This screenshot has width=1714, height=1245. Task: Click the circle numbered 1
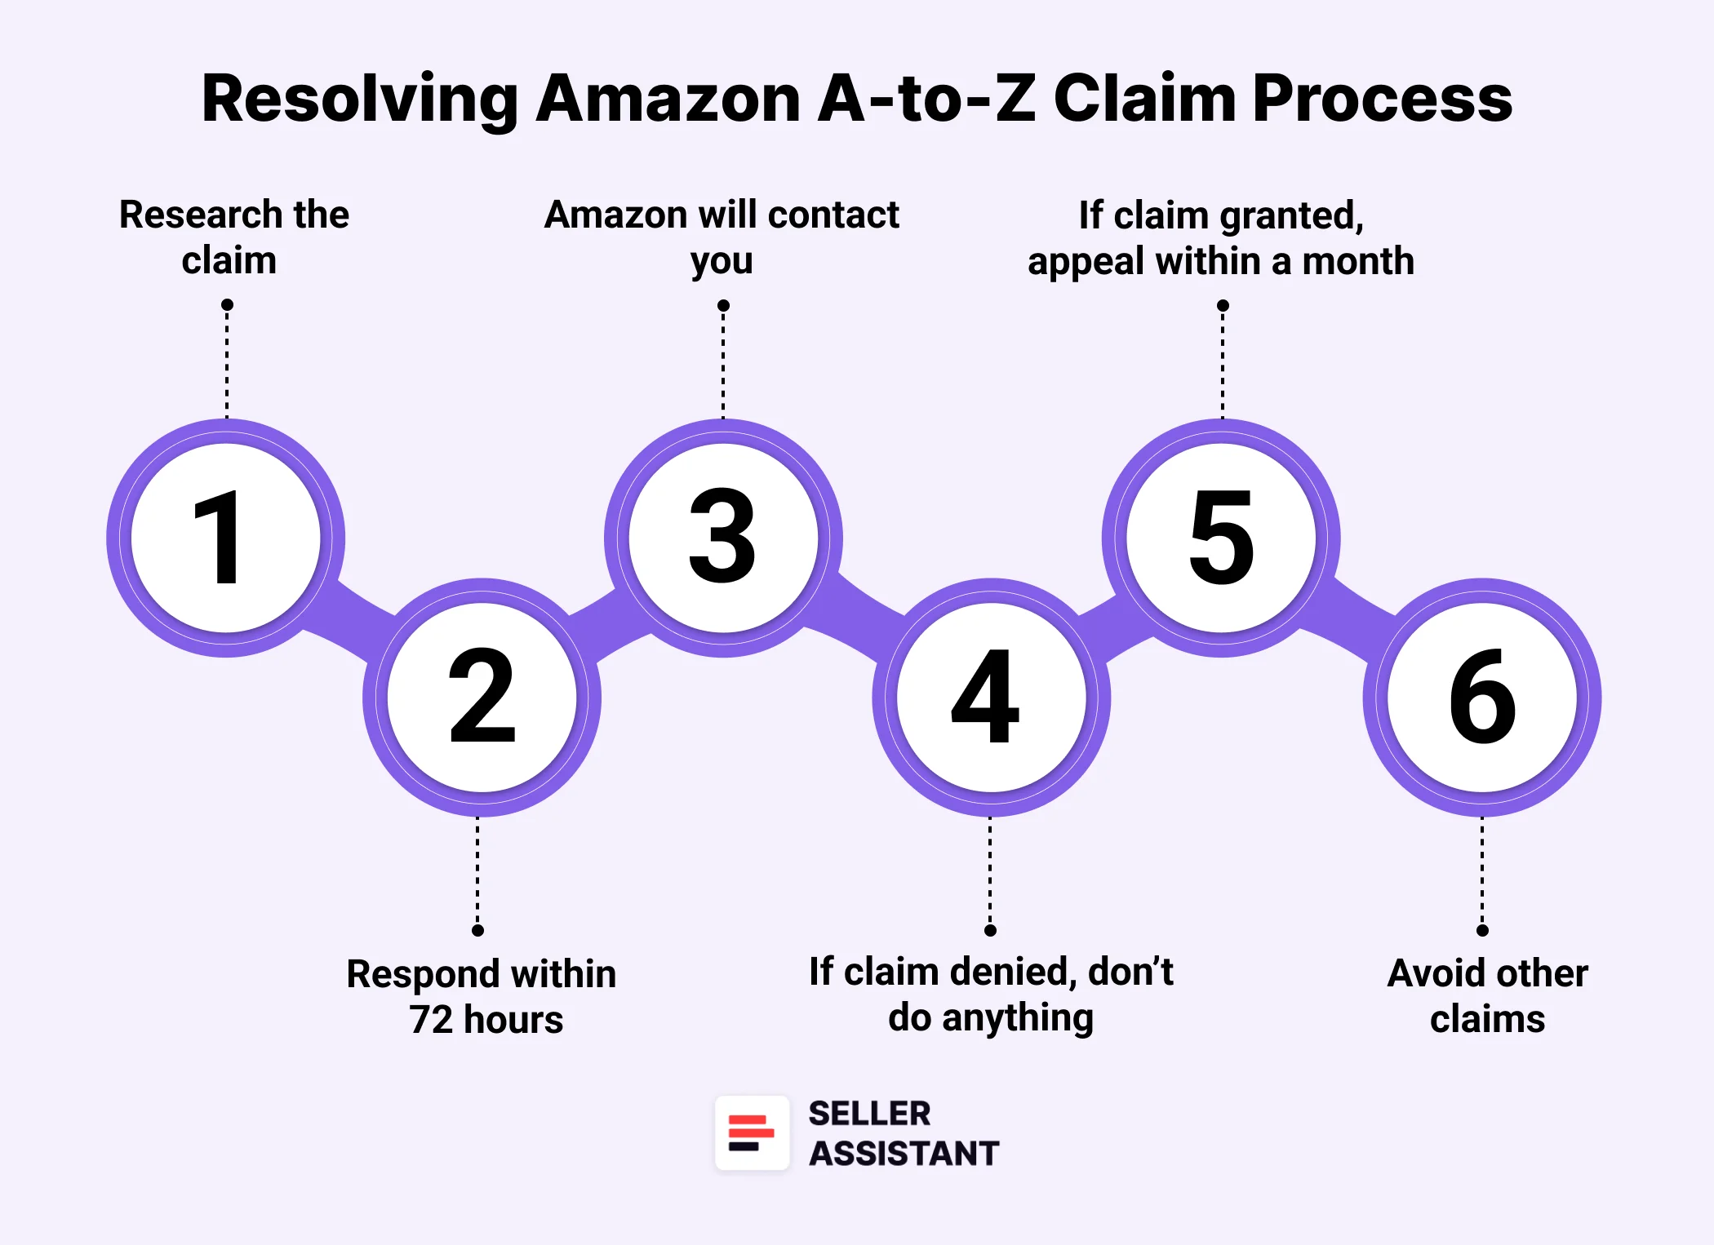pyautogui.click(x=226, y=538)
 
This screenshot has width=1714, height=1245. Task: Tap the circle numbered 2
pyautogui.click(x=482, y=698)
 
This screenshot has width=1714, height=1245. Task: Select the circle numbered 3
pyautogui.click(x=723, y=538)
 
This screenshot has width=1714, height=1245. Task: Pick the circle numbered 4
pyautogui.click(x=990, y=698)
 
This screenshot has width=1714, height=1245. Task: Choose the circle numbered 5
pyautogui.click(x=1221, y=538)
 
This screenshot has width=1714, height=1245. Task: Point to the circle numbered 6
pyautogui.click(x=1482, y=698)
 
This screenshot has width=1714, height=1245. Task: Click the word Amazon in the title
pyautogui.click(x=668, y=99)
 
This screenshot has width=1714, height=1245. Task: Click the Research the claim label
pyautogui.click(x=233, y=237)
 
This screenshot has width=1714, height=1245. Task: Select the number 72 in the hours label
pyautogui.click(x=430, y=1020)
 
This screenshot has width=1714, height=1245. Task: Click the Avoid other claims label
pyautogui.click(x=1487, y=995)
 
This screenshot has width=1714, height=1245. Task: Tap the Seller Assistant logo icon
pyautogui.click(x=752, y=1133)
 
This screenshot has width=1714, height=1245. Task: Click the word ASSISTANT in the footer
pyautogui.click(x=904, y=1154)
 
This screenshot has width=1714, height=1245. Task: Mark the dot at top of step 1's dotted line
pyautogui.click(x=227, y=304)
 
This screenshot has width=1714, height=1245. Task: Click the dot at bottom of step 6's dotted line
pyautogui.click(x=1482, y=930)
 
